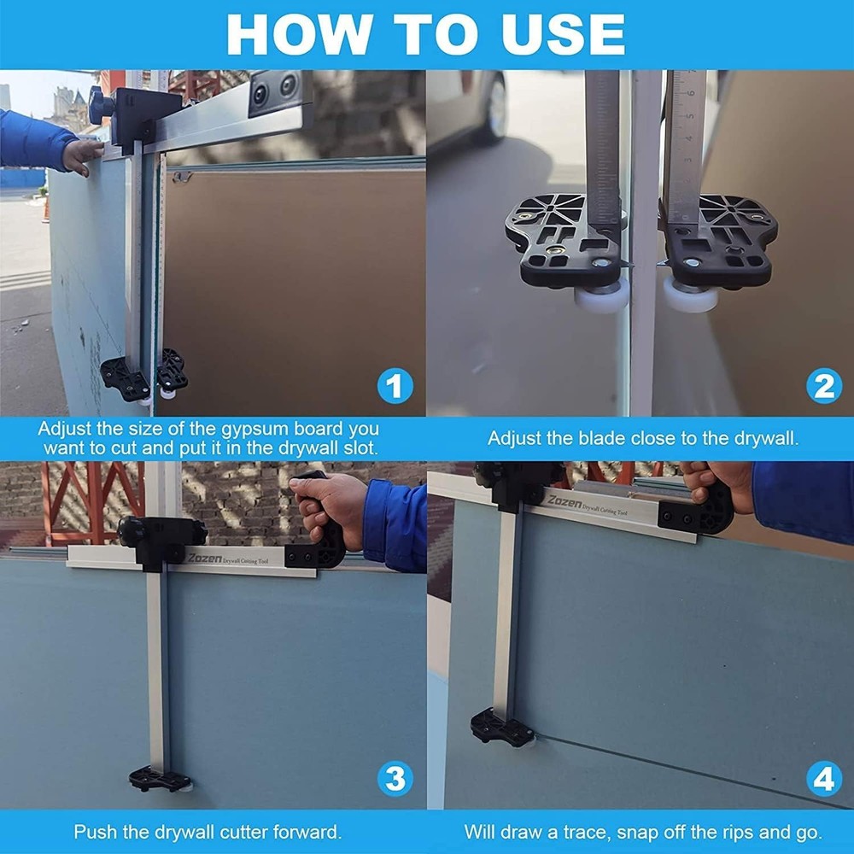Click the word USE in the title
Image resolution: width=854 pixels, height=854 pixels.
pos(562,34)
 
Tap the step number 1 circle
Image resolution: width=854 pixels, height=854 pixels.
pos(395,386)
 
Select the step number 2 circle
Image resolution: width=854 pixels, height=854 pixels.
pos(824,386)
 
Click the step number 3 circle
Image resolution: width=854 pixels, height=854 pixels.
pos(395,779)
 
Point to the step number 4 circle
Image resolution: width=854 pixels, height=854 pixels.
pos(824,779)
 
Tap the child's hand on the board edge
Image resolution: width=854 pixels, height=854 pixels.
pos(82,156)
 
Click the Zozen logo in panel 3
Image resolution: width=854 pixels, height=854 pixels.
pos(205,559)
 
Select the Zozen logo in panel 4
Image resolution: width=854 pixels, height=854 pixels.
pos(564,501)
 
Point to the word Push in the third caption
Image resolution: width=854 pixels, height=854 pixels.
pos(96,832)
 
